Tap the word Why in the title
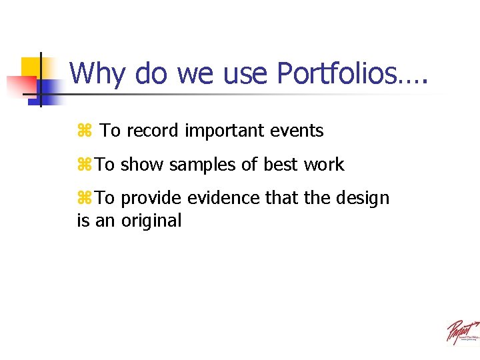tap(97, 74)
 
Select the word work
tap(325, 165)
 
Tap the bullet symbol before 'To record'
tap(84, 131)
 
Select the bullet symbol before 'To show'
tap(84, 165)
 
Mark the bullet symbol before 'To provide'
tap(84, 199)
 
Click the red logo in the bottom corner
tap(462, 332)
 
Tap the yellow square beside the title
tap(31, 67)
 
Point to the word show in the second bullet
tap(143, 165)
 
